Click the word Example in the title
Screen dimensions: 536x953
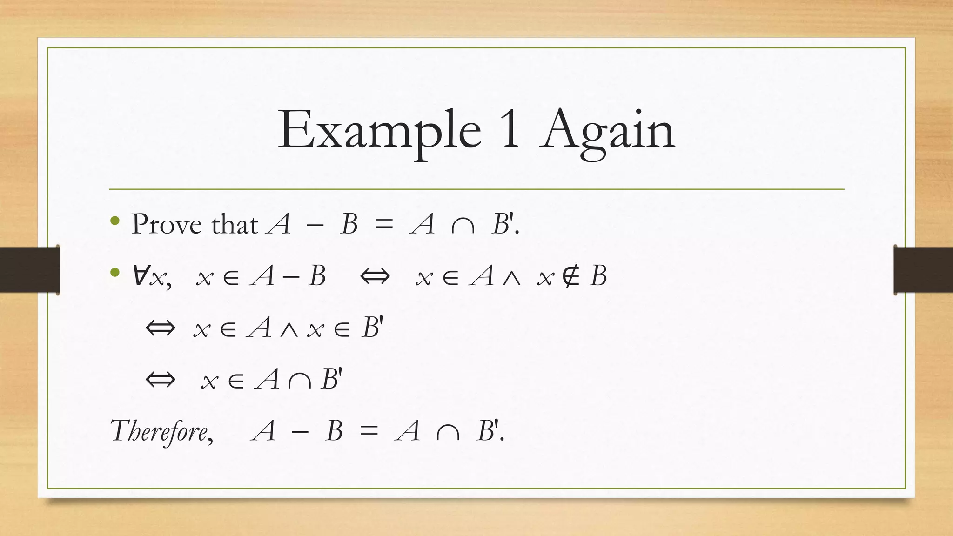379,130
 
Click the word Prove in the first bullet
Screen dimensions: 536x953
167,224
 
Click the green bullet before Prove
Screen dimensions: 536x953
115,221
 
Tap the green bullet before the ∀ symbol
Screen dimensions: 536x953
115,273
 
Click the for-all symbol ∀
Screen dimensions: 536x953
140,275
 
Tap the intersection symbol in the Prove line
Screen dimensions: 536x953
463,227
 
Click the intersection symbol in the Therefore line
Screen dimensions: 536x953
448,433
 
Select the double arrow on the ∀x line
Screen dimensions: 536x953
375,276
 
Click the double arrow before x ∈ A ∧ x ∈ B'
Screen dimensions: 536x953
161,328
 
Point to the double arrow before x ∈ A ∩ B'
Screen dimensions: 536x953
161,379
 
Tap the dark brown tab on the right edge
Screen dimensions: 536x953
923,270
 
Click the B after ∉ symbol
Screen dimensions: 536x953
598,276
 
